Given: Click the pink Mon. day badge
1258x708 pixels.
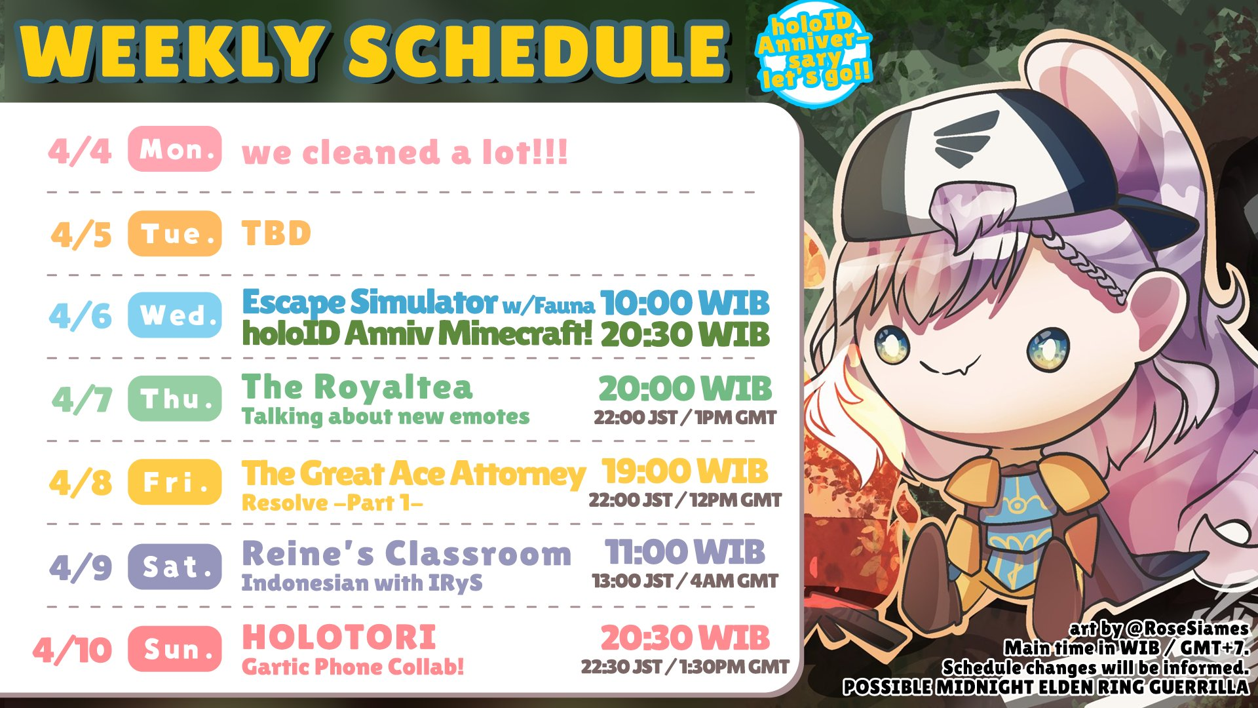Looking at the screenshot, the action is click(x=175, y=149).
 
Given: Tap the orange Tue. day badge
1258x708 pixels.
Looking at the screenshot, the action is click(x=175, y=233).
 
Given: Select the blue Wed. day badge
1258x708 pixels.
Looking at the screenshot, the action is click(x=175, y=315).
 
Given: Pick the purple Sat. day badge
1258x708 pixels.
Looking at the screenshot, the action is click(x=175, y=566).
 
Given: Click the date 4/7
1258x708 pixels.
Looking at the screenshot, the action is click(x=82, y=399).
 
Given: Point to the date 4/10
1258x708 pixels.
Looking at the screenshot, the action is click(x=73, y=650).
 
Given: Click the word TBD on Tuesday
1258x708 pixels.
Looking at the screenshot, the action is click(x=276, y=233).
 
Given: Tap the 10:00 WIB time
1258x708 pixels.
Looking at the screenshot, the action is click(x=685, y=303).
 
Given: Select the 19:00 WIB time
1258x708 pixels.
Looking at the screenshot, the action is click(x=685, y=471).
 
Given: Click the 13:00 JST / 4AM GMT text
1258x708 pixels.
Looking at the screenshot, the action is click(x=685, y=581).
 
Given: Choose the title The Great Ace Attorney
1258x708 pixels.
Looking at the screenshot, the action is click(x=413, y=473).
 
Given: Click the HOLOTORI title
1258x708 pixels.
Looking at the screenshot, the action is click(x=339, y=637).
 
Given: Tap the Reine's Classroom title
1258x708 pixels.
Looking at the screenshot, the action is click(x=406, y=553).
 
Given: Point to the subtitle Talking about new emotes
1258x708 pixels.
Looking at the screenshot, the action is click(x=385, y=416).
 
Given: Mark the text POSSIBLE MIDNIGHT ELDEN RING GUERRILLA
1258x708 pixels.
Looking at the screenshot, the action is click(x=1046, y=687).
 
